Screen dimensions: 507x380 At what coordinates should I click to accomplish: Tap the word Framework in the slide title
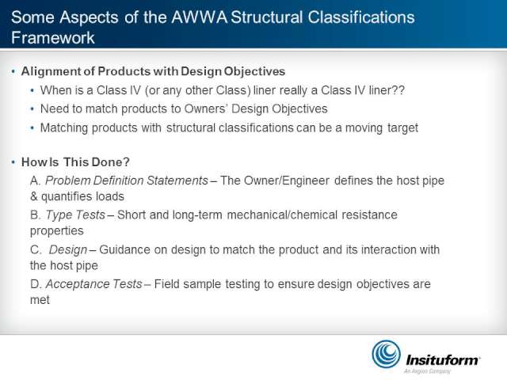[53, 37]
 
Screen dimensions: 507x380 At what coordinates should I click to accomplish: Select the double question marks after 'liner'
[398, 90]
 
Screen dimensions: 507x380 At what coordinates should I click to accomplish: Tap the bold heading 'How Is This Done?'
[75, 161]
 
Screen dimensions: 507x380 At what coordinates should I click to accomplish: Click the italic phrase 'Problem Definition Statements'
[127, 180]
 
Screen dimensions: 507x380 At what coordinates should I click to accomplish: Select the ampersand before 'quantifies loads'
[33, 196]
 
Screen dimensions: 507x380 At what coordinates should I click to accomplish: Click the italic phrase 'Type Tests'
[75, 215]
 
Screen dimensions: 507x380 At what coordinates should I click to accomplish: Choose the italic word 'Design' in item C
[68, 250]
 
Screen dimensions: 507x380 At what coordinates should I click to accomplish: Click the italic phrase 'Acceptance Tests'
[93, 284]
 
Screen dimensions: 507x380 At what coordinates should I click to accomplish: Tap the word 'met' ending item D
[40, 300]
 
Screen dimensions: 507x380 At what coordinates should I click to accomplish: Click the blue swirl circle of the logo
[386, 354]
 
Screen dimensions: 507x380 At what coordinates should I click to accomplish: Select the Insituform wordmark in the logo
[443, 359]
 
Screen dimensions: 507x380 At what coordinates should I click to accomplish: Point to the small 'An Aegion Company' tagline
[427, 371]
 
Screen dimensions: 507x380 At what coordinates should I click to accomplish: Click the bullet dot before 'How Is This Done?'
[13, 161]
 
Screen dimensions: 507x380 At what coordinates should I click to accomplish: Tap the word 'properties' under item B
[56, 231]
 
